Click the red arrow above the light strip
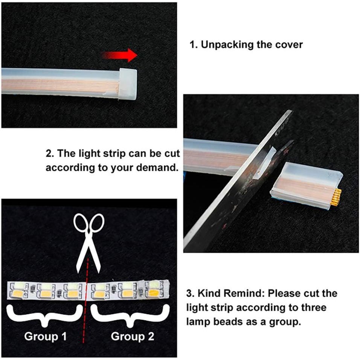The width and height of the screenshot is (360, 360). click(119, 55)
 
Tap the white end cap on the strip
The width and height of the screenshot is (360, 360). click(128, 84)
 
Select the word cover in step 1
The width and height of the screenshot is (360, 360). click(289, 45)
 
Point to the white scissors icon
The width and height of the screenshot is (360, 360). click(89, 241)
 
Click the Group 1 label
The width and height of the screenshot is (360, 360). click(45, 336)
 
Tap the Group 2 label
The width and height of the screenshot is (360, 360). click(133, 336)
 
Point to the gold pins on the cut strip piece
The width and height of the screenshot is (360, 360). click(337, 197)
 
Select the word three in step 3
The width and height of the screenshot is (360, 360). click(313, 308)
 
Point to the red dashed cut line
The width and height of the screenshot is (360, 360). click(85, 301)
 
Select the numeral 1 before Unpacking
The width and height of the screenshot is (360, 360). click(192, 45)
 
